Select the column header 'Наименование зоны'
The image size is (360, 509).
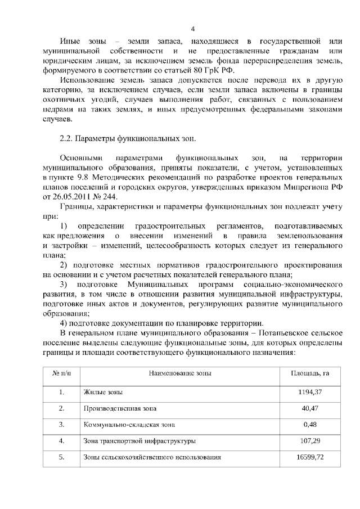(x=180, y=373)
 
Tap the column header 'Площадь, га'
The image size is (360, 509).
(x=309, y=373)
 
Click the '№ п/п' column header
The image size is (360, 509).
(x=61, y=373)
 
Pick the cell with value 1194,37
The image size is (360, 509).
(x=309, y=391)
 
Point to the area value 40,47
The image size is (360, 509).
(x=309, y=408)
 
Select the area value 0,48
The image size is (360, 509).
(x=309, y=424)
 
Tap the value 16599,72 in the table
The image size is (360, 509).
(x=309, y=457)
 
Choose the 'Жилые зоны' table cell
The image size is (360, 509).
(x=103, y=391)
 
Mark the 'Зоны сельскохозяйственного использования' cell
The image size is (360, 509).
(x=152, y=457)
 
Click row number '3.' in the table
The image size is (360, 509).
(x=61, y=424)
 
